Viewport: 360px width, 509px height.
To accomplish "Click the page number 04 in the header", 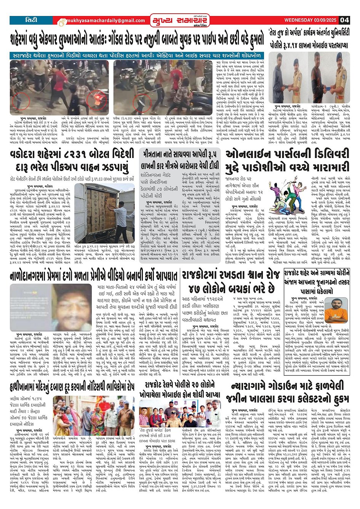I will [x=345, y=20].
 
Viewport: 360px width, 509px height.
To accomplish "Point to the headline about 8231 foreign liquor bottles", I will [x=72, y=160].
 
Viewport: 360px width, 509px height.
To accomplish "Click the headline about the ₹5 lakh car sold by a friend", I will [x=180, y=160].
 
